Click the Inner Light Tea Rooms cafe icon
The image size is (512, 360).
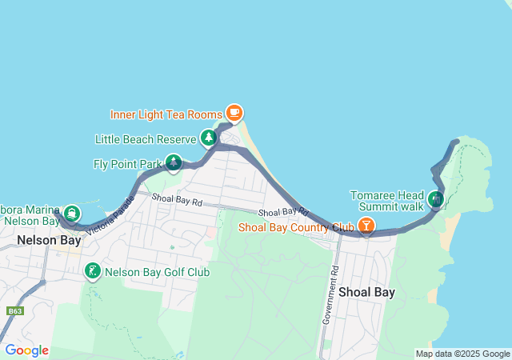click(x=234, y=112)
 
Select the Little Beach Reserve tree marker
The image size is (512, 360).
click(x=209, y=138)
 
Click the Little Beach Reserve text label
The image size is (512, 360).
click(x=146, y=139)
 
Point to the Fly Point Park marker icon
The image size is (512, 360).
click(x=173, y=164)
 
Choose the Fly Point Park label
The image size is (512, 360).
click(x=127, y=165)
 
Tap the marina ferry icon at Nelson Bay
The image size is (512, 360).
click(x=72, y=213)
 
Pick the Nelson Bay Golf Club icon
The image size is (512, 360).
click(x=93, y=271)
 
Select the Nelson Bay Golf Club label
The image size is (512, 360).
click(x=157, y=272)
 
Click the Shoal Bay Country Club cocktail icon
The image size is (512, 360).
click(x=366, y=226)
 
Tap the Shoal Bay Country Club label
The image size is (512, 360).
click(x=296, y=227)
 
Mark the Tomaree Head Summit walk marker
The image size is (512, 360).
click(x=436, y=198)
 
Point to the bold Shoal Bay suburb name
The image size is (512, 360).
click(x=366, y=292)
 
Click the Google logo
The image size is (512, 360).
click(x=26, y=350)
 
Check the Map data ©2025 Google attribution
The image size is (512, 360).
click(x=462, y=354)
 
